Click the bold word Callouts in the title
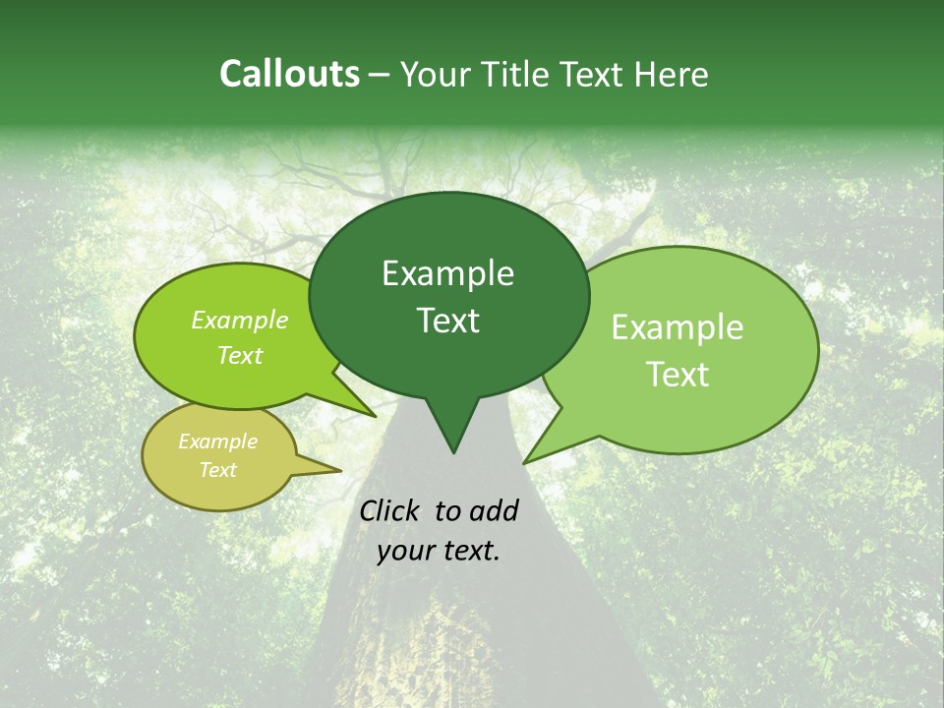pyautogui.click(x=289, y=75)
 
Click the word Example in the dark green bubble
pyautogui.click(x=447, y=273)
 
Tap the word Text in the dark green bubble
pyautogui.click(x=447, y=321)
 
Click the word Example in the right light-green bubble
pyautogui.click(x=678, y=327)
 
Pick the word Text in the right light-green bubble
pyautogui.click(x=678, y=375)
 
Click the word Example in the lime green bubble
pyautogui.click(x=239, y=320)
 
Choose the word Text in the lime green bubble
pyautogui.click(x=239, y=355)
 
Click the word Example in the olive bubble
pyautogui.click(x=217, y=442)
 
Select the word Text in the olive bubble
pyautogui.click(x=217, y=470)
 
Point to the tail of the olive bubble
pyautogui.click(x=329, y=470)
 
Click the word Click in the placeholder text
pyautogui.click(x=390, y=510)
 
